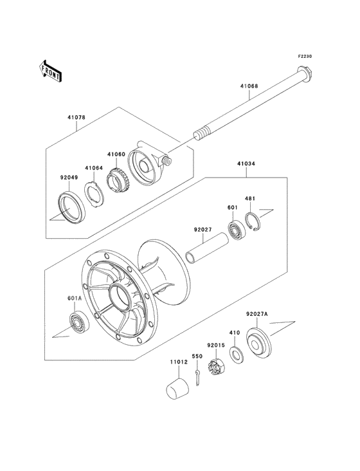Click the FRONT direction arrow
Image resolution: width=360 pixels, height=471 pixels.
coord(50,71)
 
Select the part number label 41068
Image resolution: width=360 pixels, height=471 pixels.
coord(249,86)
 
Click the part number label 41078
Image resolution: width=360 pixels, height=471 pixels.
coord(76,118)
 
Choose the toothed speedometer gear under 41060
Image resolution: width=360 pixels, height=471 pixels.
coord(116,181)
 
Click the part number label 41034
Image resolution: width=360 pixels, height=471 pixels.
coord(246,164)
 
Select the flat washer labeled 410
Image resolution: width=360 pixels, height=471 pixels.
coord(237,355)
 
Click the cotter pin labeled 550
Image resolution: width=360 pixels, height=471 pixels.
coord(197,378)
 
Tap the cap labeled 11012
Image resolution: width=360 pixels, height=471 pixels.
coord(177,389)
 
